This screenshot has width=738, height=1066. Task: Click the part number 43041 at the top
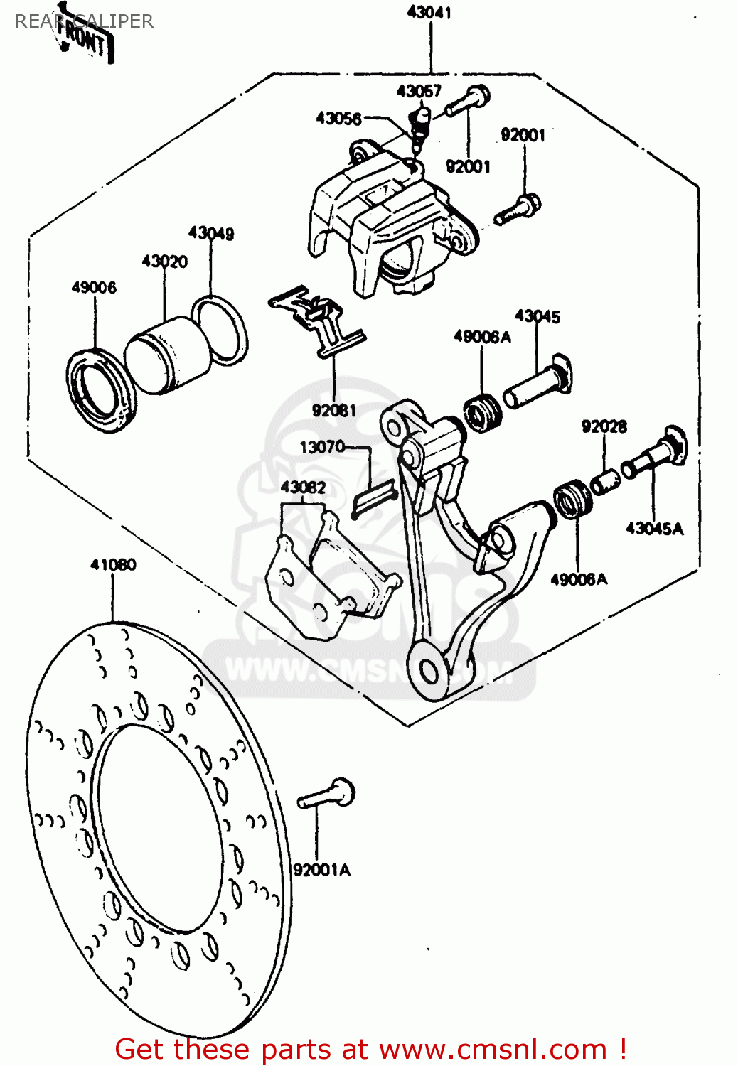pyautogui.click(x=429, y=12)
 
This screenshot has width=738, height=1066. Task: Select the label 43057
pyautogui.click(x=419, y=91)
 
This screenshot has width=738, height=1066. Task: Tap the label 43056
pyautogui.click(x=338, y=119)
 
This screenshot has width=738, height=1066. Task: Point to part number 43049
pyautogui.click(x=211, y=233)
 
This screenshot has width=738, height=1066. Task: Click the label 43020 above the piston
pyautogui.click(x=165, y=262)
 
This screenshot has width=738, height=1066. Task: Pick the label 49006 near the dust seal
pyautogui.click(x=94, y=287)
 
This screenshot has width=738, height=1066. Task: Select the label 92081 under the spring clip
pyautogui.click(x=334, y=410)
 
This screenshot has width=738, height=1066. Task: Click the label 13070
pyautogui.click(x=322, y=447)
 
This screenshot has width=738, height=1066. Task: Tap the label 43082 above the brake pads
pyautogui.click(x=303, y=488)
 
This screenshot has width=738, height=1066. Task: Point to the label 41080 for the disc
pyautogui.click(x=113, y=565)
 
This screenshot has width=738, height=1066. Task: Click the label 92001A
pyautogui.click(x=322, y=870)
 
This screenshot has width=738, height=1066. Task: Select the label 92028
pyautogui.click(x=604, y=426)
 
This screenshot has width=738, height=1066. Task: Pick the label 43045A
pyautogui.click(x=654, y=528)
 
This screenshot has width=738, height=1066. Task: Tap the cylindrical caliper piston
pyautogui.click(x=168, y=355)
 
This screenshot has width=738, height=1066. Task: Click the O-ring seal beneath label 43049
pyautogui.click(x=220, y=330)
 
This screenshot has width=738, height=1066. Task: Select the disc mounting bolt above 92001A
pyautogui.click(x=327, y=794)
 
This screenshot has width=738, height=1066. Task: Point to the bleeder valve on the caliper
pyautogui.click(x=419, y=124)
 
